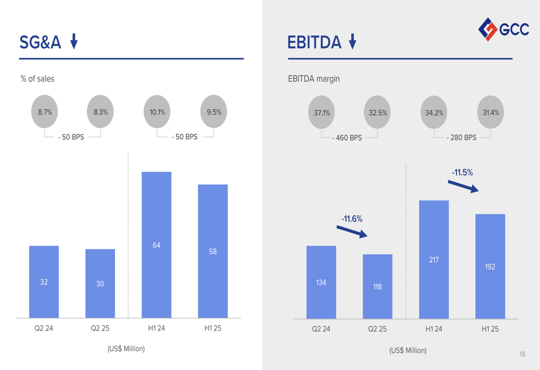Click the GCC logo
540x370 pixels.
pyautogui.click(x=504, y=29)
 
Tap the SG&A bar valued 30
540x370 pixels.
pyautogui.click(x=100, y=283)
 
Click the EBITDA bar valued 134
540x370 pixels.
pyautogui.click(x=321, y=282)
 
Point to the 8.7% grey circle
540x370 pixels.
pyautogui.click(x=45, y=112)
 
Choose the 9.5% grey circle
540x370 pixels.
pyautogui.click(x=214, y=112)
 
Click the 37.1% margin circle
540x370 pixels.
pyautogui.click(x=322, y=113)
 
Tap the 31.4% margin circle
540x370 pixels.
pyautogui.click(x=491, y=113)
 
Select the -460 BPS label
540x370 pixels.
pyautogui.click(x=347, y=138)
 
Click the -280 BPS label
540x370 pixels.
pyautogui.click(x=462, y=138)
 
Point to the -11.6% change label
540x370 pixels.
pyautogui.click(x=352, y=219)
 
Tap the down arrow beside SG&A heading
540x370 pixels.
pyautogui.click(x=74, y=41)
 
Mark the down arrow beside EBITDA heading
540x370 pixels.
pyautogui.click(x=353, y=41)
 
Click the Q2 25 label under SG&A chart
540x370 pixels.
pyautogui.click(x=100, y=328)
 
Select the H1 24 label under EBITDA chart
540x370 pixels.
pyautogui.click(x=434, y=329)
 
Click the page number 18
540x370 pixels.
pyautogui.click(x=522, y=354)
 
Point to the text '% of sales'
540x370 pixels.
pyautogui.click(x=37, y=79)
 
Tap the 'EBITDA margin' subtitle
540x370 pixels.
pyautogui.click(x=314, y=79)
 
